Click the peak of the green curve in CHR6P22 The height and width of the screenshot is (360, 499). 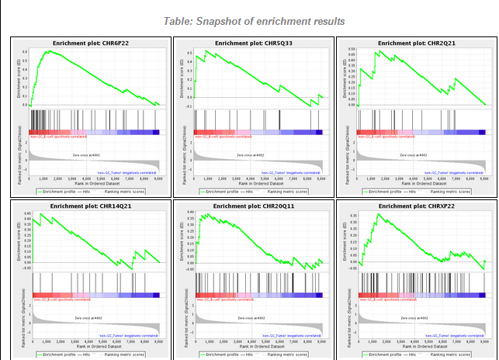coord(48,51)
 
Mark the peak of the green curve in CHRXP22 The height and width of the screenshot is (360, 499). coord(377,214)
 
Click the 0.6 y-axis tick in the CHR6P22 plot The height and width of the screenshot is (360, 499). coord(26,52)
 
